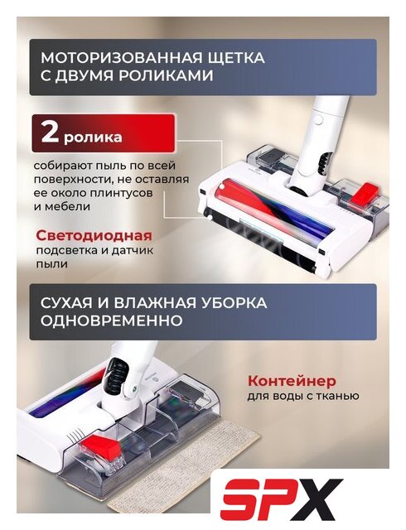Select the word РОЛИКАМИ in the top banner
(x=166, y=75)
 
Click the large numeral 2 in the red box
(x=50, y=133)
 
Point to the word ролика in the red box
(x=93, y=137)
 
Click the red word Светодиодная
(x=94, y=235)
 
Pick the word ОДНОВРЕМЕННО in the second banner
(x=112, y=320)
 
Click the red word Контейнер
(x=292, y=381)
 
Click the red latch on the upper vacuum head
(x=364, y=193)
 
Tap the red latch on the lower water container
(x=100, y=446)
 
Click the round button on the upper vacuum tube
(x=317, y=118)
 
